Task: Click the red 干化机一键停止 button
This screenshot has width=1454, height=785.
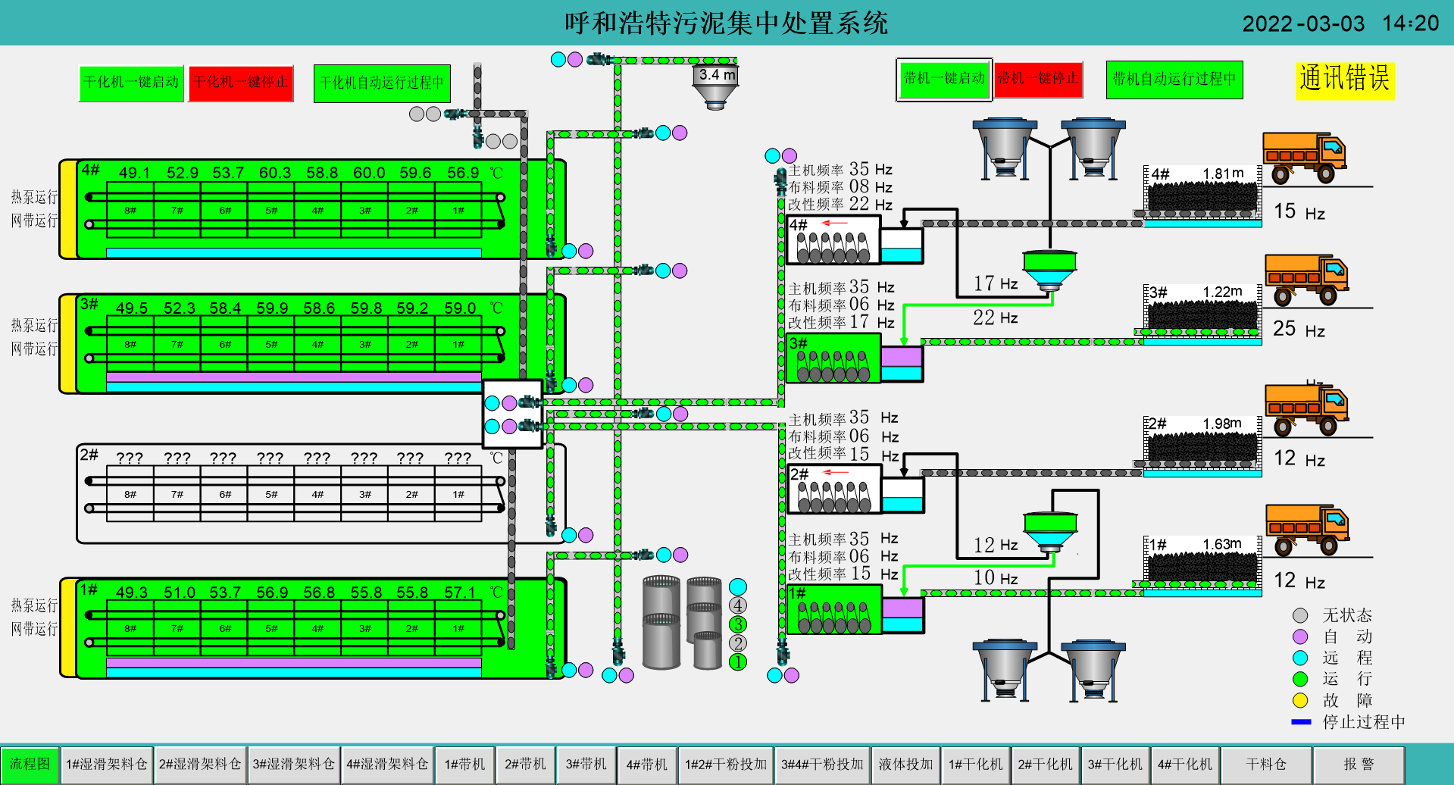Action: point(240,83)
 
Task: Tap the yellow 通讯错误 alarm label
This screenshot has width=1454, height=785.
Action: point(1344,80)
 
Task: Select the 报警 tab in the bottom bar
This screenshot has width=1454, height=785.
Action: point(1359,764)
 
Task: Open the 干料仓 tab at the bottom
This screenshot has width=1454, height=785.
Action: point(1266,764)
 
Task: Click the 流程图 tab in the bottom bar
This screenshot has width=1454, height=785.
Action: point(30,764)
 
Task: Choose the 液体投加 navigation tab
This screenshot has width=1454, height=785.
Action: point(905,764)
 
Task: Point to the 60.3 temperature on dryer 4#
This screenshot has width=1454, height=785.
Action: point(274,174)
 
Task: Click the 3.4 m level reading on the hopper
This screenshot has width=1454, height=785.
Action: point(717,75)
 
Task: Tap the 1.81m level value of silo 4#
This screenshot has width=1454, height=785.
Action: point(1223,174)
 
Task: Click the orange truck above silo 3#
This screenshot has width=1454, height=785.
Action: point(1306,280)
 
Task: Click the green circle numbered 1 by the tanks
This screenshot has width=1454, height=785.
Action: point(737,662)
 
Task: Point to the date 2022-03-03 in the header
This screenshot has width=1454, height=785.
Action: point(1303,23)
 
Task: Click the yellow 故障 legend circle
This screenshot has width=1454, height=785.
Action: point(1300,700)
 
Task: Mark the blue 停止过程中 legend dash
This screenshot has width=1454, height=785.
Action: point(1301,722)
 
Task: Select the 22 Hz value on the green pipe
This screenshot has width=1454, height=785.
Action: point(995,318)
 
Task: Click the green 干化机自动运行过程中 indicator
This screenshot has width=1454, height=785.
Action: point(382,83)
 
